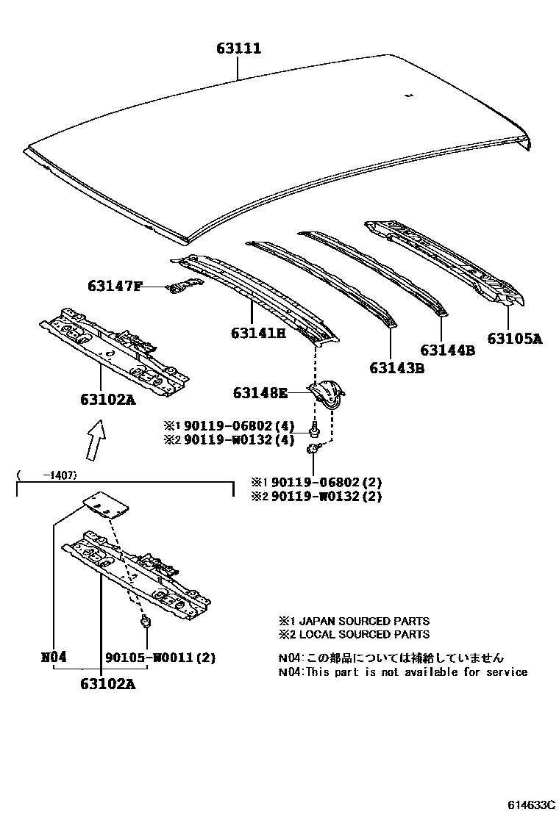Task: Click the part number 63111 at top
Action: click(239, 49)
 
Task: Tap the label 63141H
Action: click(257, 333)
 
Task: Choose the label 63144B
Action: click(447, 350)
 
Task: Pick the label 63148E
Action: click(260, 393)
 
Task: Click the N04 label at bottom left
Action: click(54, 657)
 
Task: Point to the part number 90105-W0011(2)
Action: click(160, 657)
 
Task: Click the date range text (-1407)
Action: click(49, 475)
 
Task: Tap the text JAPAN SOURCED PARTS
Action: click(360, 621)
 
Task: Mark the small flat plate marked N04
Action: click(104, 503)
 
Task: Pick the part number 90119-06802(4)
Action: click(238, 426)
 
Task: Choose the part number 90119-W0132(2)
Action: click(327, 496)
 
